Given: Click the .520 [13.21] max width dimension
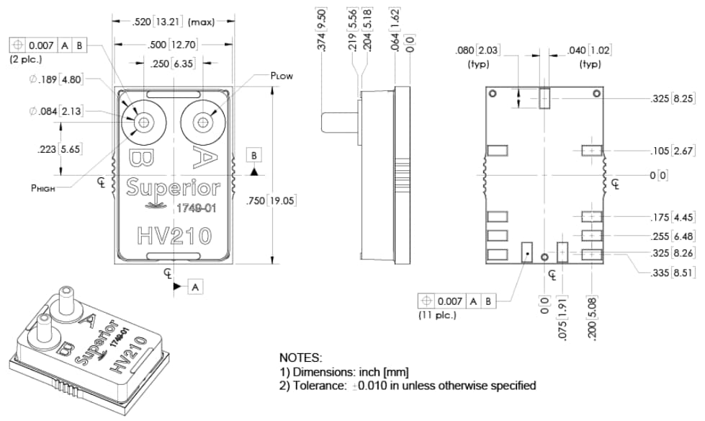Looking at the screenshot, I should point(174,22).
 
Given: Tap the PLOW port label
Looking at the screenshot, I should point(282,76).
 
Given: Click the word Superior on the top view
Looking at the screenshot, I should point(173,188).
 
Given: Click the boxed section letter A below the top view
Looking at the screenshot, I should point(195,287).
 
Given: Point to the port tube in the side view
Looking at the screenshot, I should point(338,122).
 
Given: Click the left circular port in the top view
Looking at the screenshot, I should point(144,122).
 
